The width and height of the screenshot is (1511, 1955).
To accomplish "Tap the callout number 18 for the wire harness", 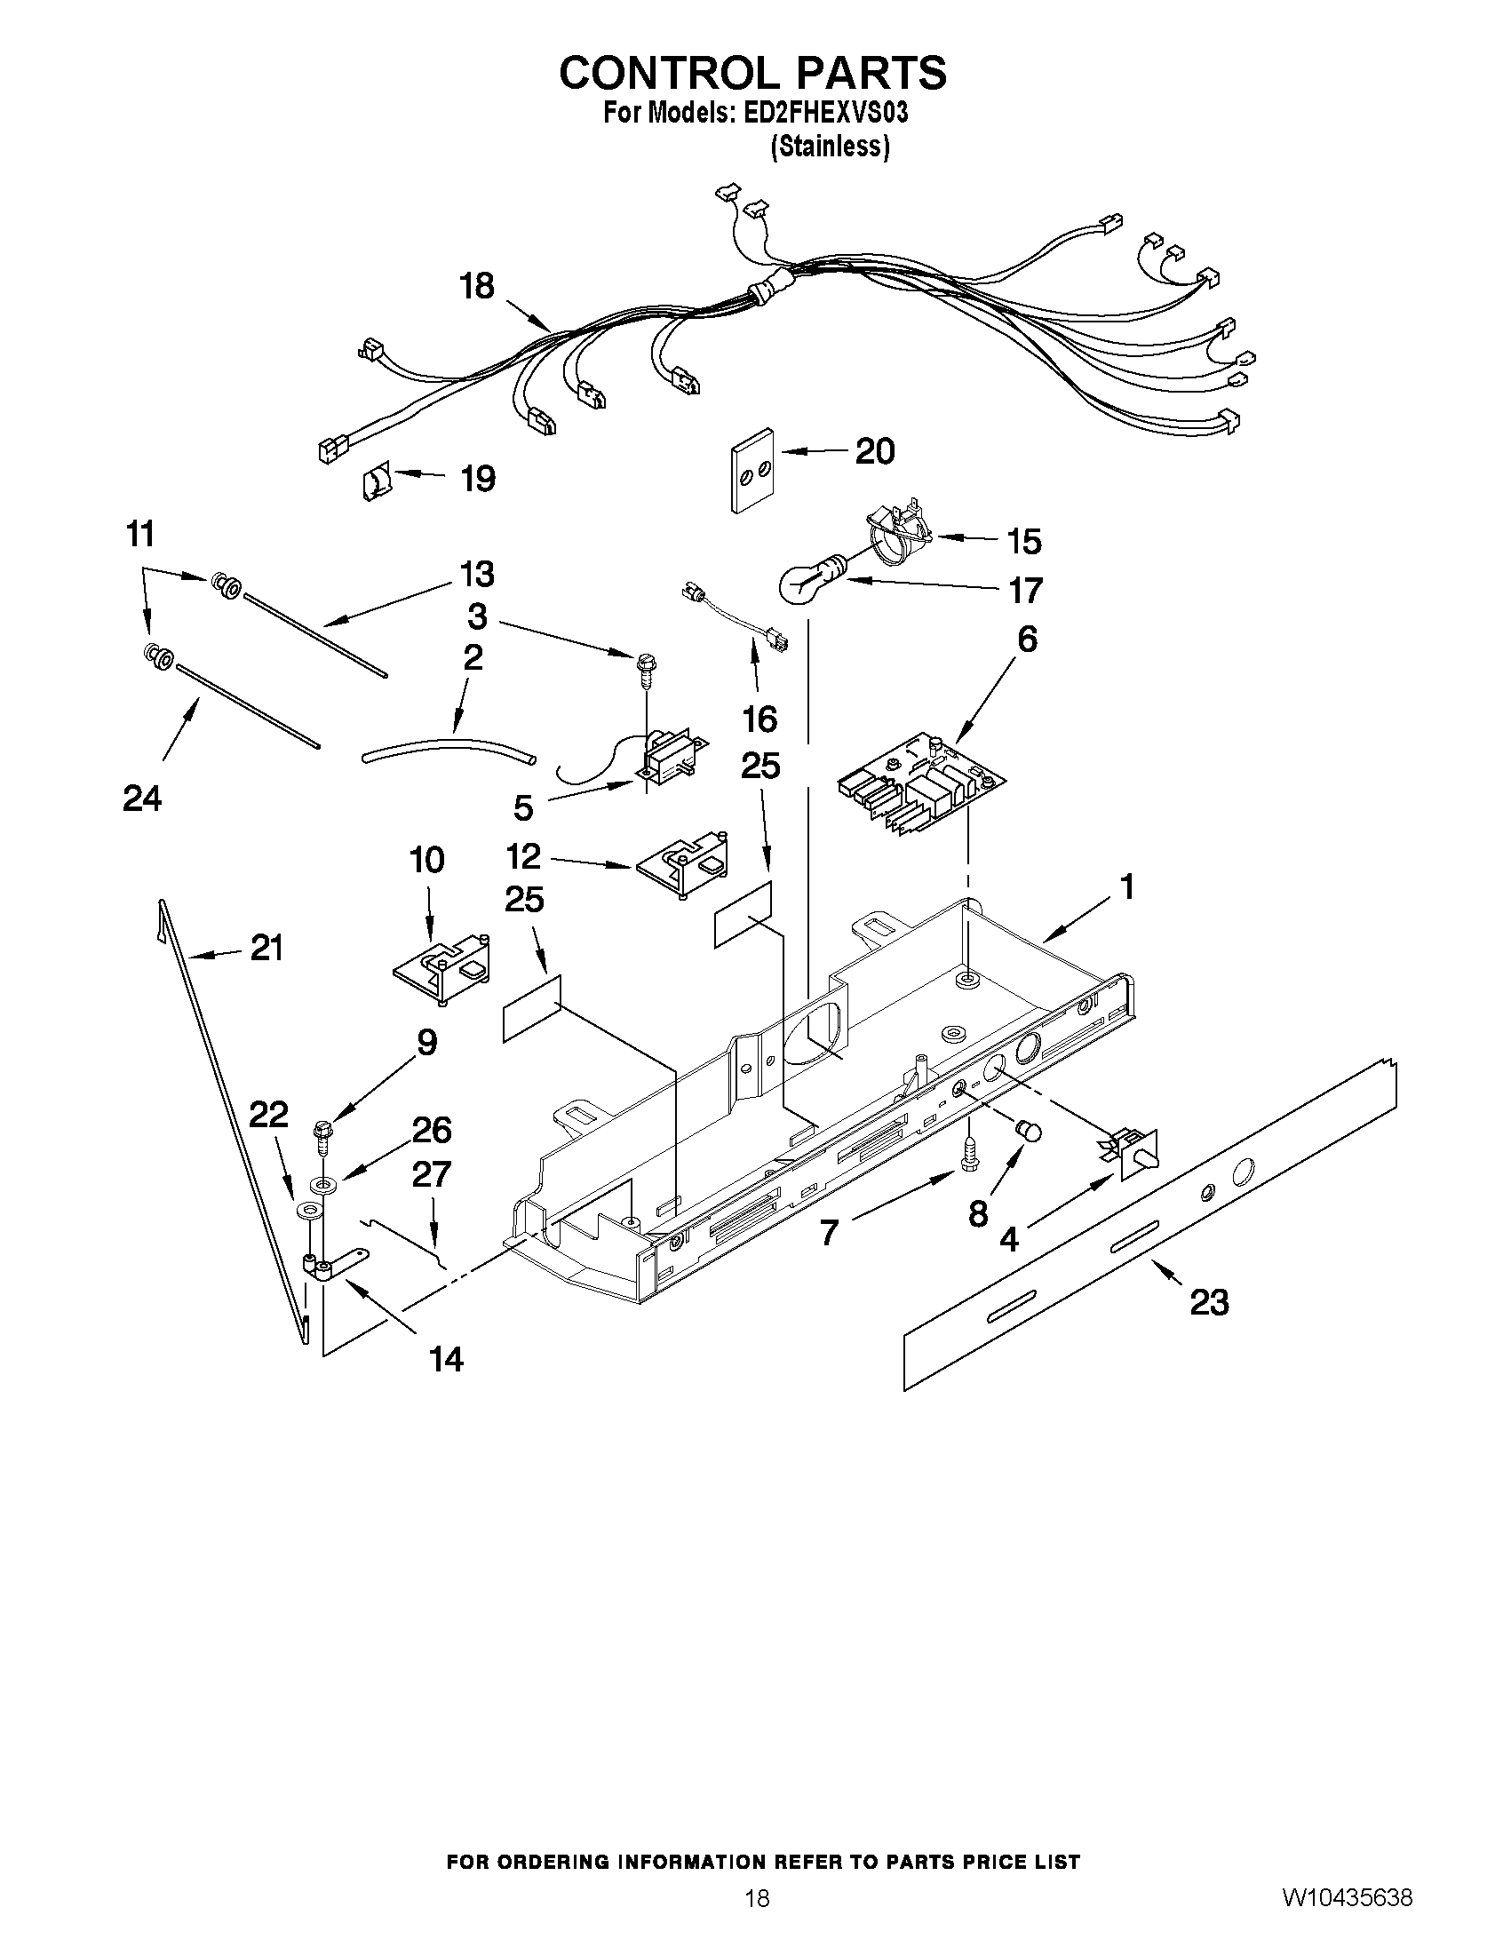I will [x=476, y=286].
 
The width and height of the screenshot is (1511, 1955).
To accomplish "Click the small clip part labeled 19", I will [x=376, y=483].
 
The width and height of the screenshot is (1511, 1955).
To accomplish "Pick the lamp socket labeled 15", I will [x=895, y=536].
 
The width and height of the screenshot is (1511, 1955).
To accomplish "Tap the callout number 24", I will [x=141, y=798].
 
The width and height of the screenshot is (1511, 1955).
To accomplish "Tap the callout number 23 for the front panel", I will [x=1208, y=1302].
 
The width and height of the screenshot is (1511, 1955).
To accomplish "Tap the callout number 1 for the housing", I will [x=1127, y=887].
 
